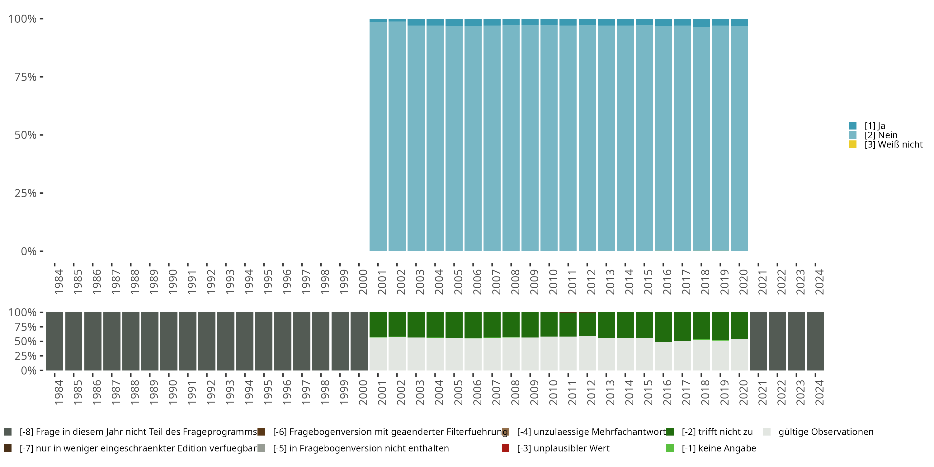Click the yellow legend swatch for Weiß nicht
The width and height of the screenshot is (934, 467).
852,145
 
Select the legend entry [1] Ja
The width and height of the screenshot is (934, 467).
875,126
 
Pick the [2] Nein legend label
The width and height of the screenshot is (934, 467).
881,135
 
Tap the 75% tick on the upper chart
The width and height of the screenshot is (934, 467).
26,77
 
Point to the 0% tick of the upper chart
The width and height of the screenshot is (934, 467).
29,251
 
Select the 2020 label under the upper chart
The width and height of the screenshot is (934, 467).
743,282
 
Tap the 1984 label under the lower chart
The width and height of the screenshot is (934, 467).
59,393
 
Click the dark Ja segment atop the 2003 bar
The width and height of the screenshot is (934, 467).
416,22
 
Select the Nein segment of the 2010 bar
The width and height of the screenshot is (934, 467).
549,138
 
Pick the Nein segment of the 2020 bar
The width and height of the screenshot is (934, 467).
739,138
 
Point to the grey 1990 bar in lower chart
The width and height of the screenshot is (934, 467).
169,341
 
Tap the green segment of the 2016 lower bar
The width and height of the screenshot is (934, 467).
663,327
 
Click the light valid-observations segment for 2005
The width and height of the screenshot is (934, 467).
454,354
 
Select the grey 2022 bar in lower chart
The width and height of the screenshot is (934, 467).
777,341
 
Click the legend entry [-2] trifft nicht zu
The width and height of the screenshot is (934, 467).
717,432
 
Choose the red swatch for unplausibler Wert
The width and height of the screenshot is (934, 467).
505,448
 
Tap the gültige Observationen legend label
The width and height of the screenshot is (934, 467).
826,432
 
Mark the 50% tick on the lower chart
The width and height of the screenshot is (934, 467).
26,342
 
